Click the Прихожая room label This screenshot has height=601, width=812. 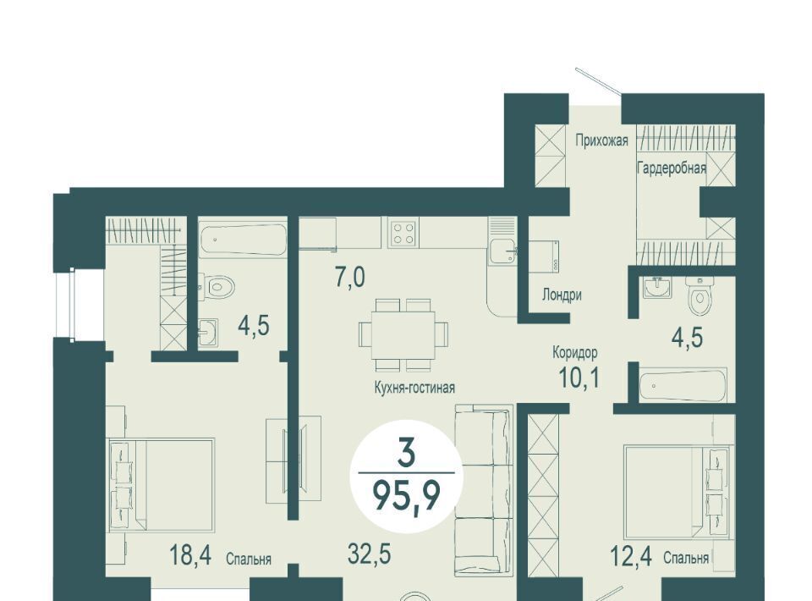[x=601, y=141]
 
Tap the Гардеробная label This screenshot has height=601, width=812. [x=671, y=168]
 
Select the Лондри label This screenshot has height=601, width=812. [x=562, y=295]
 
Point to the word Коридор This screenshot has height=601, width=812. [x=575, y=353]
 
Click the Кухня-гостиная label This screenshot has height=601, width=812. [x=414, y=387]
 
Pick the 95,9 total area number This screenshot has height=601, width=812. [x=407, y=495]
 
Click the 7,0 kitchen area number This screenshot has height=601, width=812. [x=350, y=278]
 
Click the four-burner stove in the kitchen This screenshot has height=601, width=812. [x=403, y=232]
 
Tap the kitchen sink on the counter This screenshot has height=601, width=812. [x=502, y=253]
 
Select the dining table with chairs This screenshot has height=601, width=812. [x=404, y=334]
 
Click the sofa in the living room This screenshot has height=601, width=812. [x=483, y=490]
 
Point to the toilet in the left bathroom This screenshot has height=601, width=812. [x=218, y=286]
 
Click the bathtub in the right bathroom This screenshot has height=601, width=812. [x=683, y=384]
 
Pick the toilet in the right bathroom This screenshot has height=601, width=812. [x=700, y=295]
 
